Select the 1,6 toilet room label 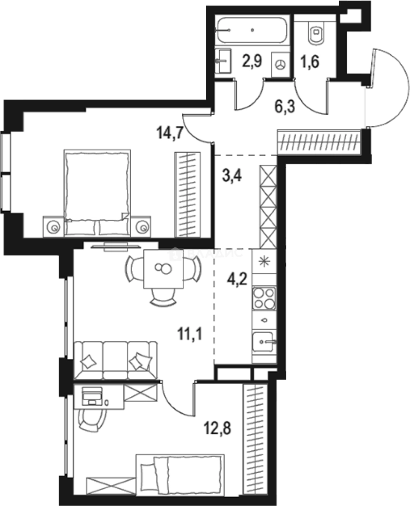tap(309, 62)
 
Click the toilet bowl tap(317, 33)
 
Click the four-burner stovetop tap(264, 298)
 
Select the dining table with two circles tap(164, 270)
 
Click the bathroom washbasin tap(224, 60)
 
